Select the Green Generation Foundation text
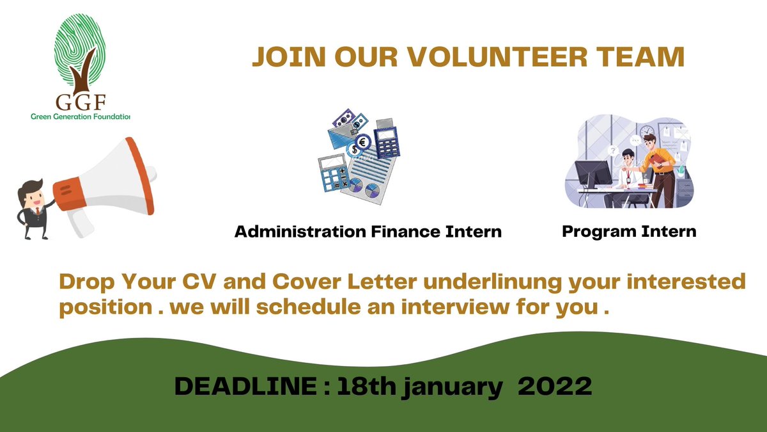point(81,117)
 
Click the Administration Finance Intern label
point(368,232)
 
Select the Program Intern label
point(629,231)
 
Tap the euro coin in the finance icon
point(362,142)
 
